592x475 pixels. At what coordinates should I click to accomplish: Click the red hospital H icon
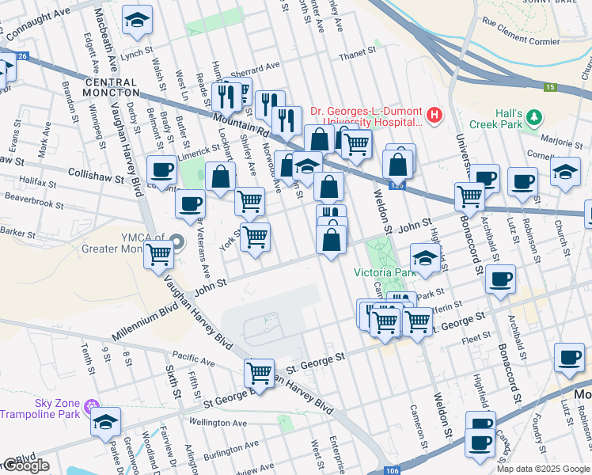[434, 116]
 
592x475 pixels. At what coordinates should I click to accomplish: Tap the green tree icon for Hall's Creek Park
[535, 118]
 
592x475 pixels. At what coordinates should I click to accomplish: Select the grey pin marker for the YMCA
[176, 242]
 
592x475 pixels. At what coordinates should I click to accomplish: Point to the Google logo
[25, 465]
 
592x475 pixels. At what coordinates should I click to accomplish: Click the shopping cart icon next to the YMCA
[160, 253]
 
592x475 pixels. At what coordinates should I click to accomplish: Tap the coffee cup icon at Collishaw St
[162, 169]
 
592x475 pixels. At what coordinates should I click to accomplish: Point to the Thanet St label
[356, 52]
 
